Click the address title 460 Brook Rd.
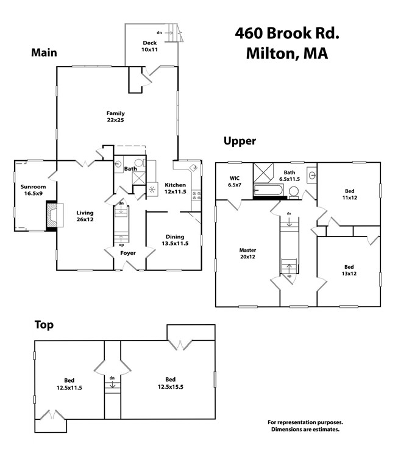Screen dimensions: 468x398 [286, 33]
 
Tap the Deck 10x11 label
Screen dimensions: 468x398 [149, 46]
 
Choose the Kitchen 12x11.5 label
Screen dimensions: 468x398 [174, 188]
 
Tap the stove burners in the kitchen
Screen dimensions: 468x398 [197, 196]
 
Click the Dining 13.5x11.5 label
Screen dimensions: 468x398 [174, 241]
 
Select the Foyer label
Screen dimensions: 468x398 [127, 252]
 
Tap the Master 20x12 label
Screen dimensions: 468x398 [247, 253]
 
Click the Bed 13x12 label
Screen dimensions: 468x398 [349, 270]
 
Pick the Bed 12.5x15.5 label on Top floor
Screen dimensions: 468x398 [170, 383]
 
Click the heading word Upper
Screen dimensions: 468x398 [240, 141]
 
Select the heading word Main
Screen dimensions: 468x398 [44, 53]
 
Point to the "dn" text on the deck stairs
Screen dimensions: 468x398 [160, 32]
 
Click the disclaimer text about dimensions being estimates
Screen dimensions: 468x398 [305, 425]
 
